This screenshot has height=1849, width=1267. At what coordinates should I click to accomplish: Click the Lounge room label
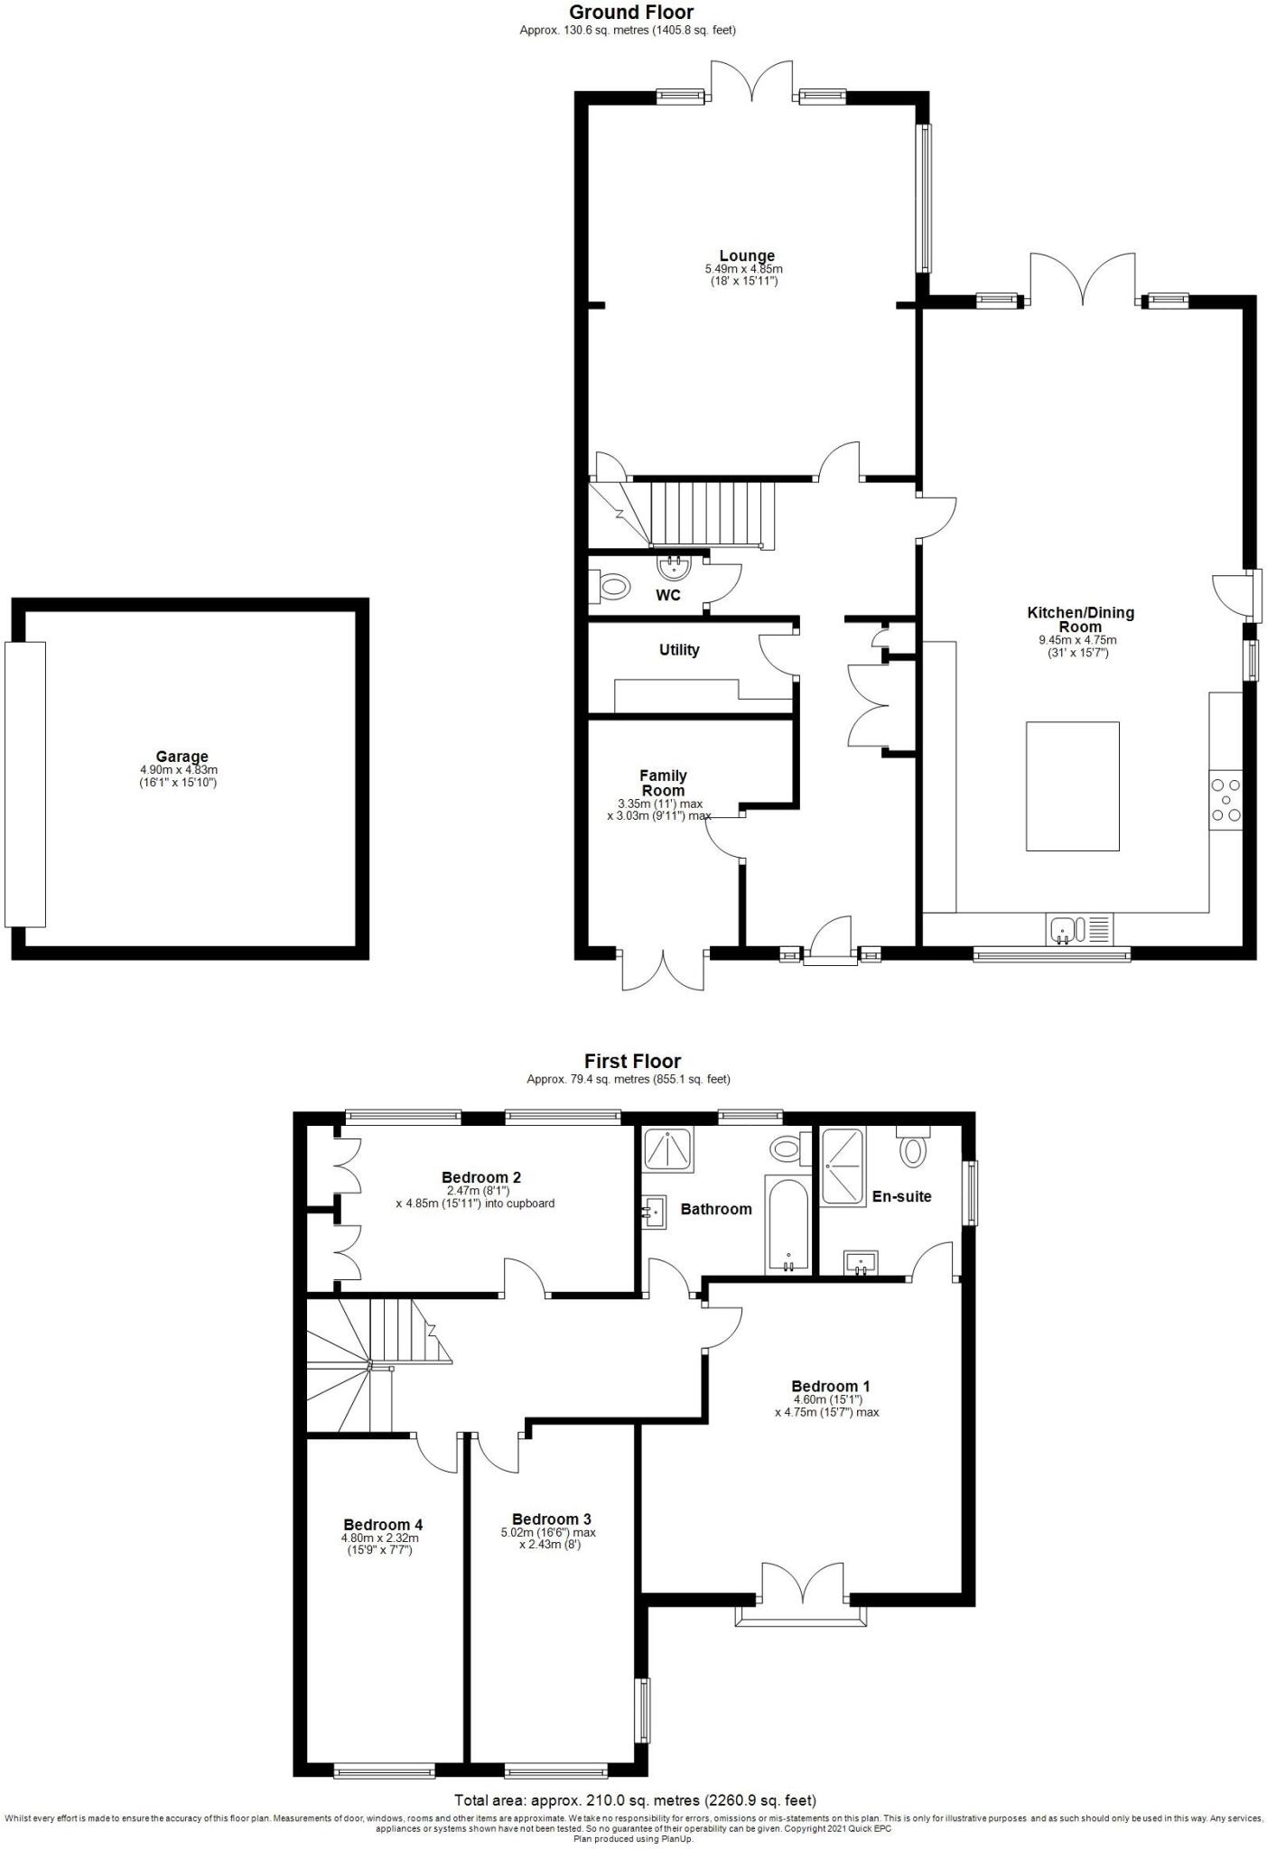(746, 256)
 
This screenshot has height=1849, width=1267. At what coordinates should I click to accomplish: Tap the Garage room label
(182, 757)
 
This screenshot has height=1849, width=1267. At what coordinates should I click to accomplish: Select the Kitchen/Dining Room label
(1080, 619)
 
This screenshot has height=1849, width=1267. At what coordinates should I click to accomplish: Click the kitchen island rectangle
(1072, 785)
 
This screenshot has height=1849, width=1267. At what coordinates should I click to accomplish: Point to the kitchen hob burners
(1225, 799)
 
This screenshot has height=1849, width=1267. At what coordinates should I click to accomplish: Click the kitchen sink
(1064, 928)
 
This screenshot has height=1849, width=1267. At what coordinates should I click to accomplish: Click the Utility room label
(678, 650)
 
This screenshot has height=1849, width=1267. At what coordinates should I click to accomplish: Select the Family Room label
(663, 783)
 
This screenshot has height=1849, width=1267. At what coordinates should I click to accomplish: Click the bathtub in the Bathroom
(788, 1224)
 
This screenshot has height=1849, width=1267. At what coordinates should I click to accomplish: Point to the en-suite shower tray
(843, 1166)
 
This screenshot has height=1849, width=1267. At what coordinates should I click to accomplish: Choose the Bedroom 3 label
(551, 1519)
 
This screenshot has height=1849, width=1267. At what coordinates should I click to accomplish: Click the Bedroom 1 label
(830, 1387)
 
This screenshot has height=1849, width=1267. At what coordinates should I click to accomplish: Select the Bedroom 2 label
(480, 1177)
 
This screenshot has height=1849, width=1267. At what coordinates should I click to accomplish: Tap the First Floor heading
(632, 1062)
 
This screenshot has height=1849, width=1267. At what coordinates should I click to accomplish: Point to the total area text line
(635, 1800)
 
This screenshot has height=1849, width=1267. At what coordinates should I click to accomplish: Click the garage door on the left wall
(24, 784)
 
